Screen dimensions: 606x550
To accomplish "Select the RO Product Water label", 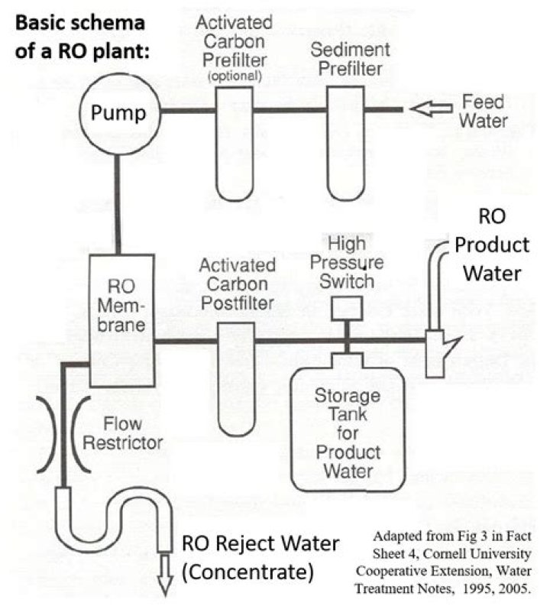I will [493, 245].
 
